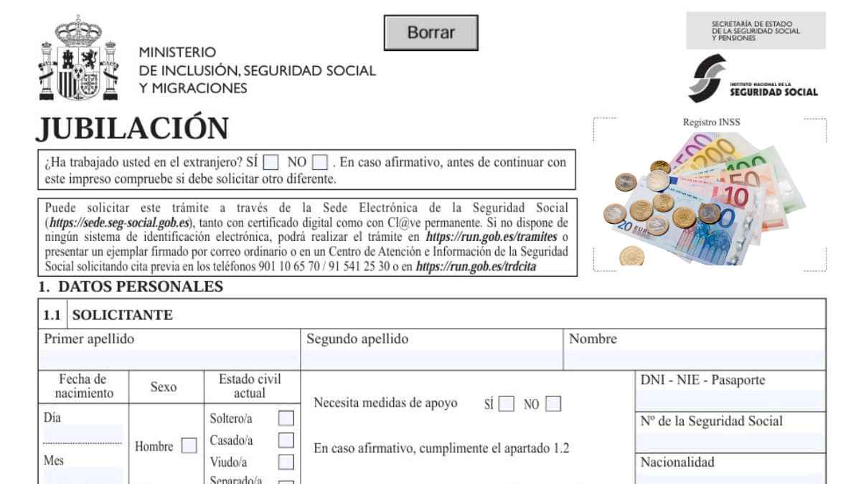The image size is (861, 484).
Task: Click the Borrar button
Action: [431, 33]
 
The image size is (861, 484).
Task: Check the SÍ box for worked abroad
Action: [271, 162]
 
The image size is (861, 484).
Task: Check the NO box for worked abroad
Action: [320, 162]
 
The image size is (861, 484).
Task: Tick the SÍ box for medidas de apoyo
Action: [507, 404]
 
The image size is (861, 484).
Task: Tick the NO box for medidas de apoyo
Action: [552, 404]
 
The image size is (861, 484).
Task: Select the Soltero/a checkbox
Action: [286, 418]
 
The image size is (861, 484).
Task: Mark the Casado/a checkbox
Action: [286, 440]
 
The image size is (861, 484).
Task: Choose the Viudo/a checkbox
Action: [286, 462]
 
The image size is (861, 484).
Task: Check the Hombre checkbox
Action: [189, 446]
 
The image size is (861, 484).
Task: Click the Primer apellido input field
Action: [171, 359]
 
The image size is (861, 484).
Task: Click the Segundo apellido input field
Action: [433, 359]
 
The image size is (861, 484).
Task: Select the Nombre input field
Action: [695, 359]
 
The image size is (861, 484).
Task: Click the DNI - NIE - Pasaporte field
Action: [731, 400]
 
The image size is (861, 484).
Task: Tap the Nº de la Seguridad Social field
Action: [731, 442]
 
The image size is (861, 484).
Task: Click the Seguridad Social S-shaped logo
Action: [706, 80]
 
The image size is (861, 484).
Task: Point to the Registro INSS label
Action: [711, 123]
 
